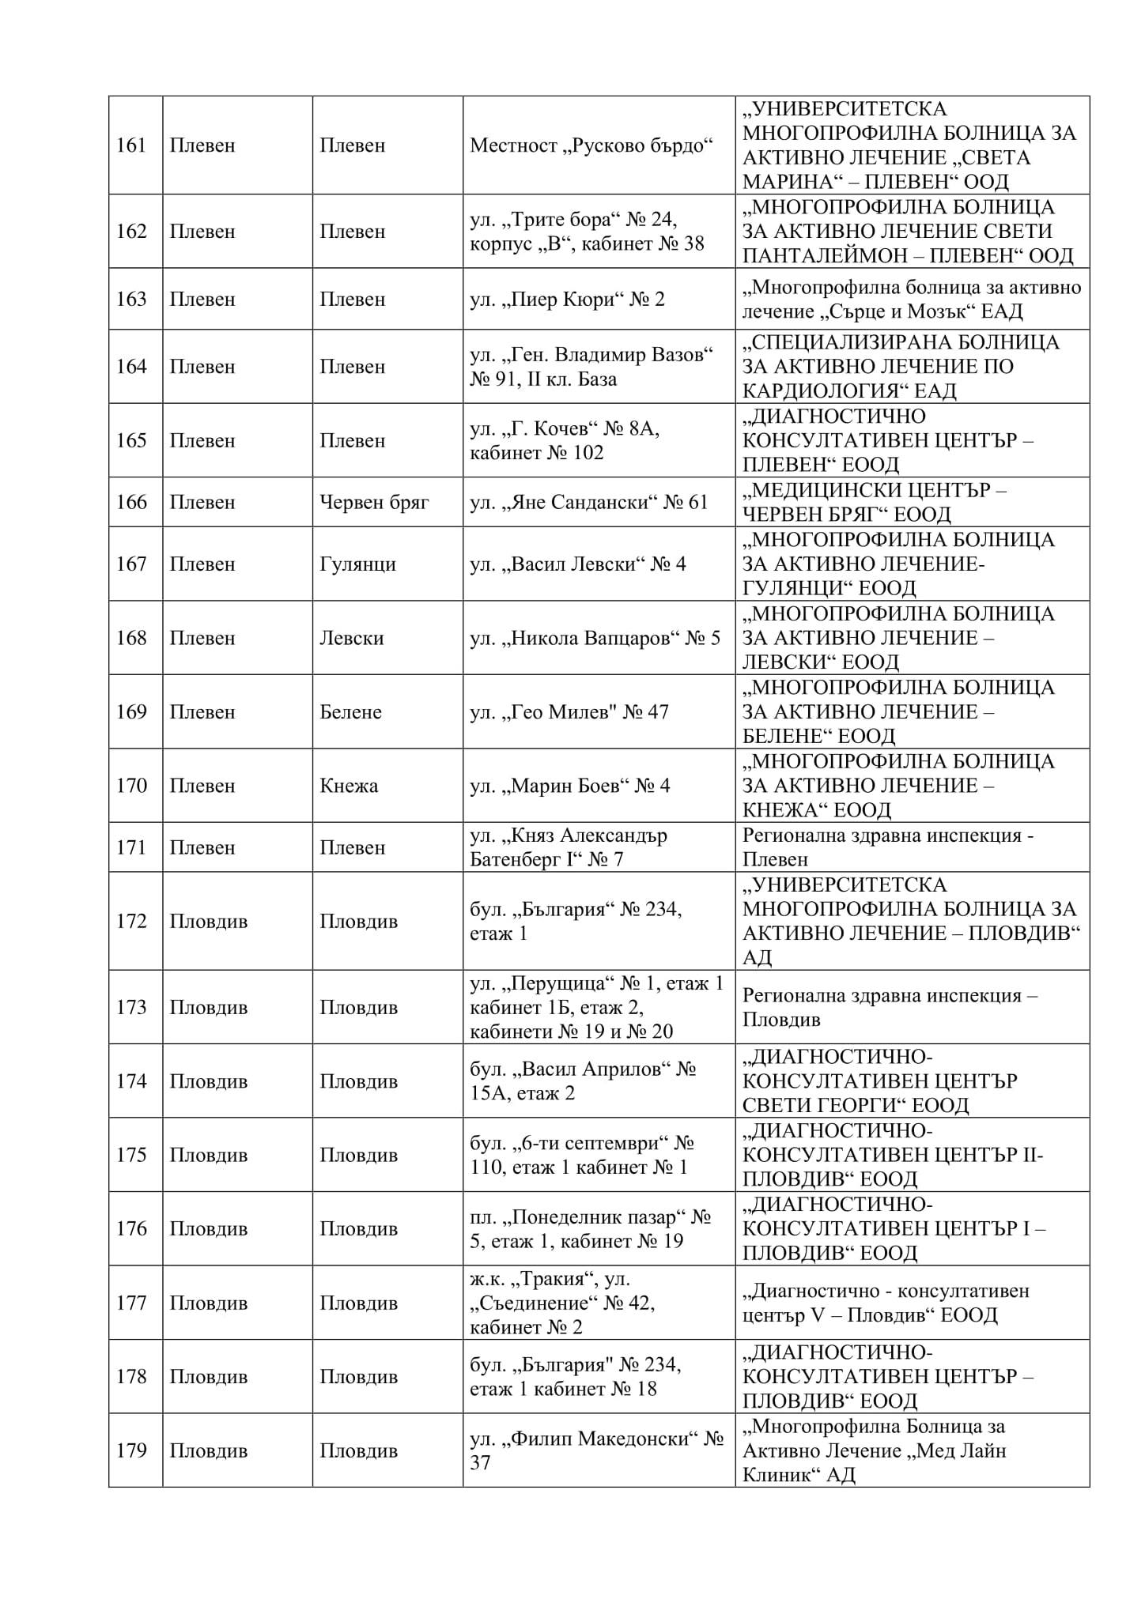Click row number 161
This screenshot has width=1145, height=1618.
coord(131,145)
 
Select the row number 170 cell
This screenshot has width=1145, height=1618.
coord(131,786)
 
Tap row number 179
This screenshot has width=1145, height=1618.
coord(131,1450)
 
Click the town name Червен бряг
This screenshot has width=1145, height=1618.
coord(374,502)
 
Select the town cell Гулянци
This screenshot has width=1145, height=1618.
coord(357,564)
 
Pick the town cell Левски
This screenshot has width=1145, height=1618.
coord(351,638)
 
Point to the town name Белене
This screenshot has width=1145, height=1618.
coord(350,711)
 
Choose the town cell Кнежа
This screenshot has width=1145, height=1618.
coord(349,786)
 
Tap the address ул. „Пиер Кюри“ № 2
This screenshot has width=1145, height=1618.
coord(567,299)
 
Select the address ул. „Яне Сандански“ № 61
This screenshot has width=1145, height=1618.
coord(588,502)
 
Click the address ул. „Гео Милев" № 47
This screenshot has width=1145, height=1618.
coord(569,711)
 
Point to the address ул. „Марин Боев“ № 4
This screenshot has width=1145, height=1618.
coord(569,786)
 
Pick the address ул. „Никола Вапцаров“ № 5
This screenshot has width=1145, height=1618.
coord(595,638)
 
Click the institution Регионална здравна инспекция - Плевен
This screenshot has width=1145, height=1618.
coord(887,847)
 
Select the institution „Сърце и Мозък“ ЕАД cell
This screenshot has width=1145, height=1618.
coord(911,299)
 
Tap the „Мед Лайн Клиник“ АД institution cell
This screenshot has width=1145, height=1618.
coord(874,1450)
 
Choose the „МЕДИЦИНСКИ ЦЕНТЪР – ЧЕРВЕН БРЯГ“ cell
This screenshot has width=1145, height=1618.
coord(874,502)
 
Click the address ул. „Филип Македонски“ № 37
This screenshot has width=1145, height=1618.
coord(597,1450)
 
